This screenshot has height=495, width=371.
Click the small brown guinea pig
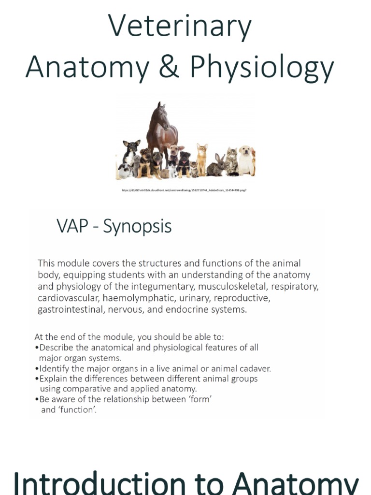pyautogui.click(x=165, y=173)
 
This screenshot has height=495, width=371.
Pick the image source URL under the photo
pyautogui.click(x=185, y=190)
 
